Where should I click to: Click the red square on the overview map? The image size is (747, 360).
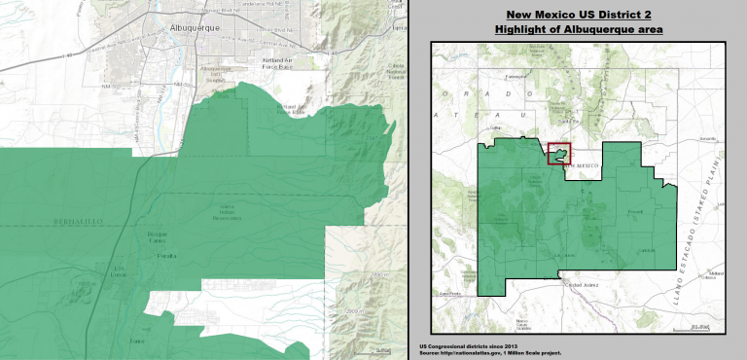pos(558,154)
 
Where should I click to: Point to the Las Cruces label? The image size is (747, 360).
pos(562,255)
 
